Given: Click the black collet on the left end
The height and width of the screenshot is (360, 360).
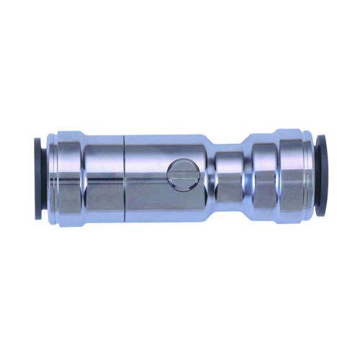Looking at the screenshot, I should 37,176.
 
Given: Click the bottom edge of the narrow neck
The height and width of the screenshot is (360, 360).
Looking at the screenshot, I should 229,199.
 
